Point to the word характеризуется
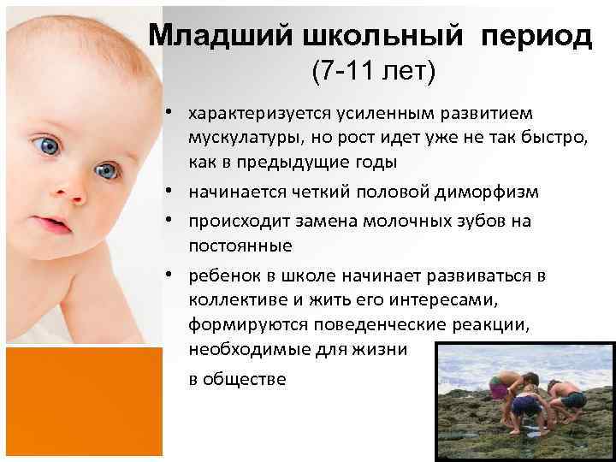click(x=266, y=113)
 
